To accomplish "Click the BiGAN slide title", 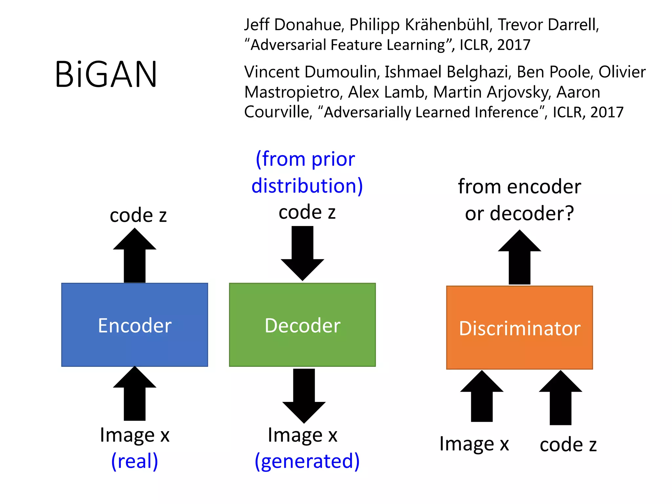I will [x=106, y=74].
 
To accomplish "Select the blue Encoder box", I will [x=135, y=325].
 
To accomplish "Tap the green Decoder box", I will [x=302, y=325].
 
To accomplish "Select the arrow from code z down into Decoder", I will [x=302, y=253].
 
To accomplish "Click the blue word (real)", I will [x=135, y=461].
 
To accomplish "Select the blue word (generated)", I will [x=307, y=461].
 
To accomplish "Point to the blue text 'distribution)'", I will [x=307, y=186].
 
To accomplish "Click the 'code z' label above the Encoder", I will [x=138, y=215].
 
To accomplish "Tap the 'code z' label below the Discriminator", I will [x=568, y=445].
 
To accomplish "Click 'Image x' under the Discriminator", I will [x=474, y=444].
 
